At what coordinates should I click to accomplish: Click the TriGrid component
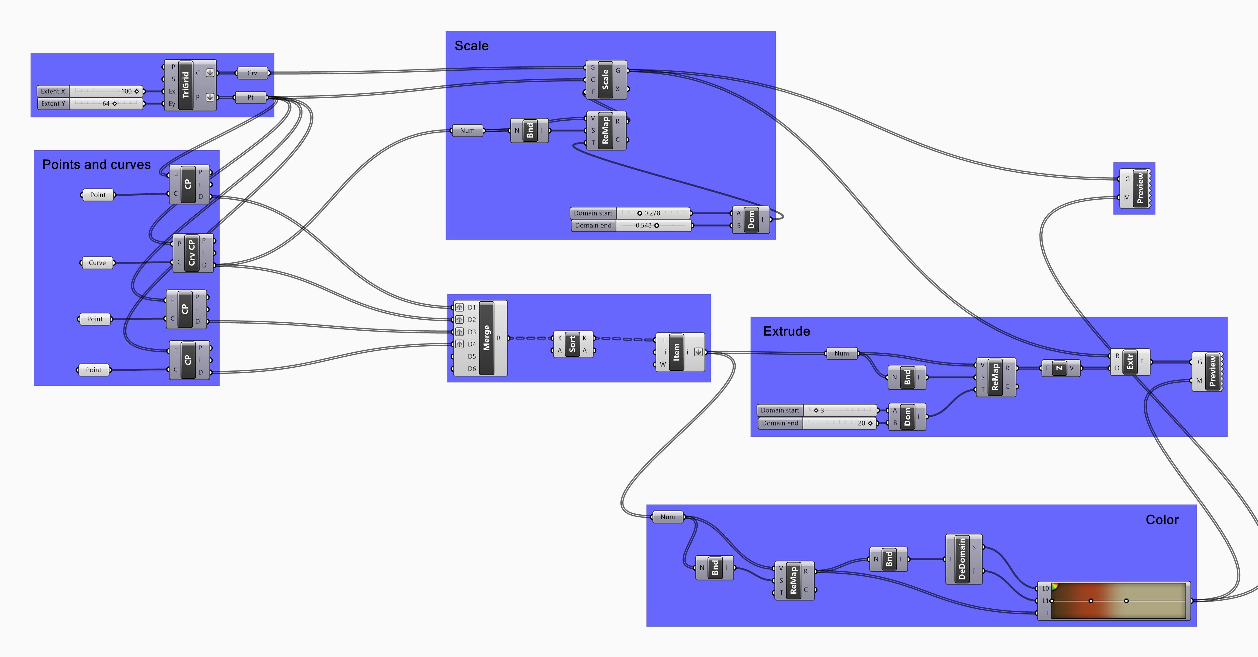pos(186,85)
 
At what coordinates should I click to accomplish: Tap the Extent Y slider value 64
pos(106,103)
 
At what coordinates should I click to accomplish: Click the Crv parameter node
pos(252,73)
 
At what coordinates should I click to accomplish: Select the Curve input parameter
pos(97,263)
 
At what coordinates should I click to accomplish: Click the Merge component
pos(487,338)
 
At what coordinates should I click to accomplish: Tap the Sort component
pos(572,344)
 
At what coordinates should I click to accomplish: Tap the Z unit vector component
pos(1059,368)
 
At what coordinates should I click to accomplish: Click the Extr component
pos(1130,362)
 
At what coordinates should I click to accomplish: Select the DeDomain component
pos(962,559)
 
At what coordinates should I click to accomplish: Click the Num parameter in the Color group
pos(668,517)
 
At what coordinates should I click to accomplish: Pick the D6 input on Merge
pos(471,369)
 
